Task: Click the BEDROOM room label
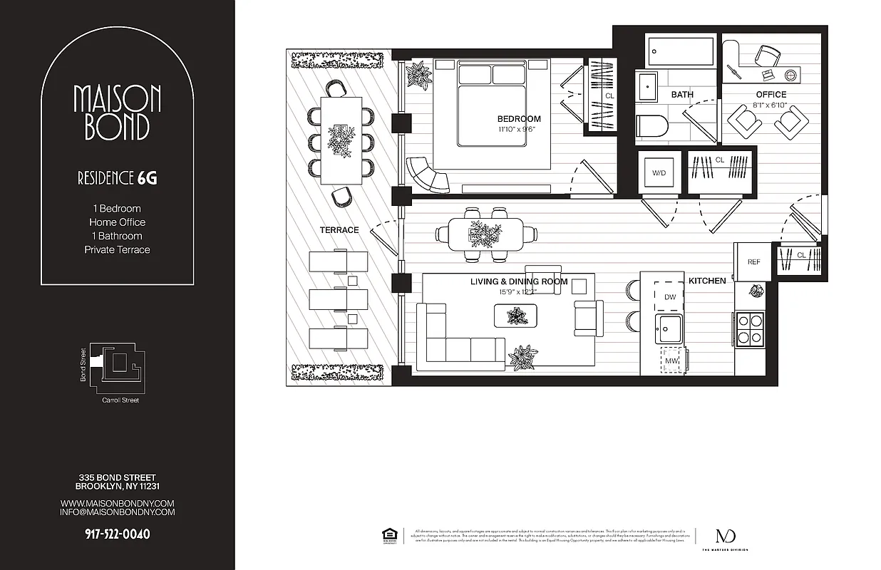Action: pos(518,119)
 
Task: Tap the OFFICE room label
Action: pos(771,94)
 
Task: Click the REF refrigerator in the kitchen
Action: pos(753,261)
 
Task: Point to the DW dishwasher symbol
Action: pos(669,296)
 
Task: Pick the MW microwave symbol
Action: pos(671,361)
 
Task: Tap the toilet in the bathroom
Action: pos(651,127)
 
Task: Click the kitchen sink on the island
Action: pos(669,328)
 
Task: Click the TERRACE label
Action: pos(339,230)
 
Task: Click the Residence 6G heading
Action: pos(118,178)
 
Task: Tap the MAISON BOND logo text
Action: pos(118,113)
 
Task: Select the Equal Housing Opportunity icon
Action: pos(388,535)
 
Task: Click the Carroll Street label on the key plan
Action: pos(120,400)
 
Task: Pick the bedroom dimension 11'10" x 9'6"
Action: pos(518,130)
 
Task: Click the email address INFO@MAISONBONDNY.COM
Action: pos(118,512)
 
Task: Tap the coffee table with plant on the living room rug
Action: pos(516,315)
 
